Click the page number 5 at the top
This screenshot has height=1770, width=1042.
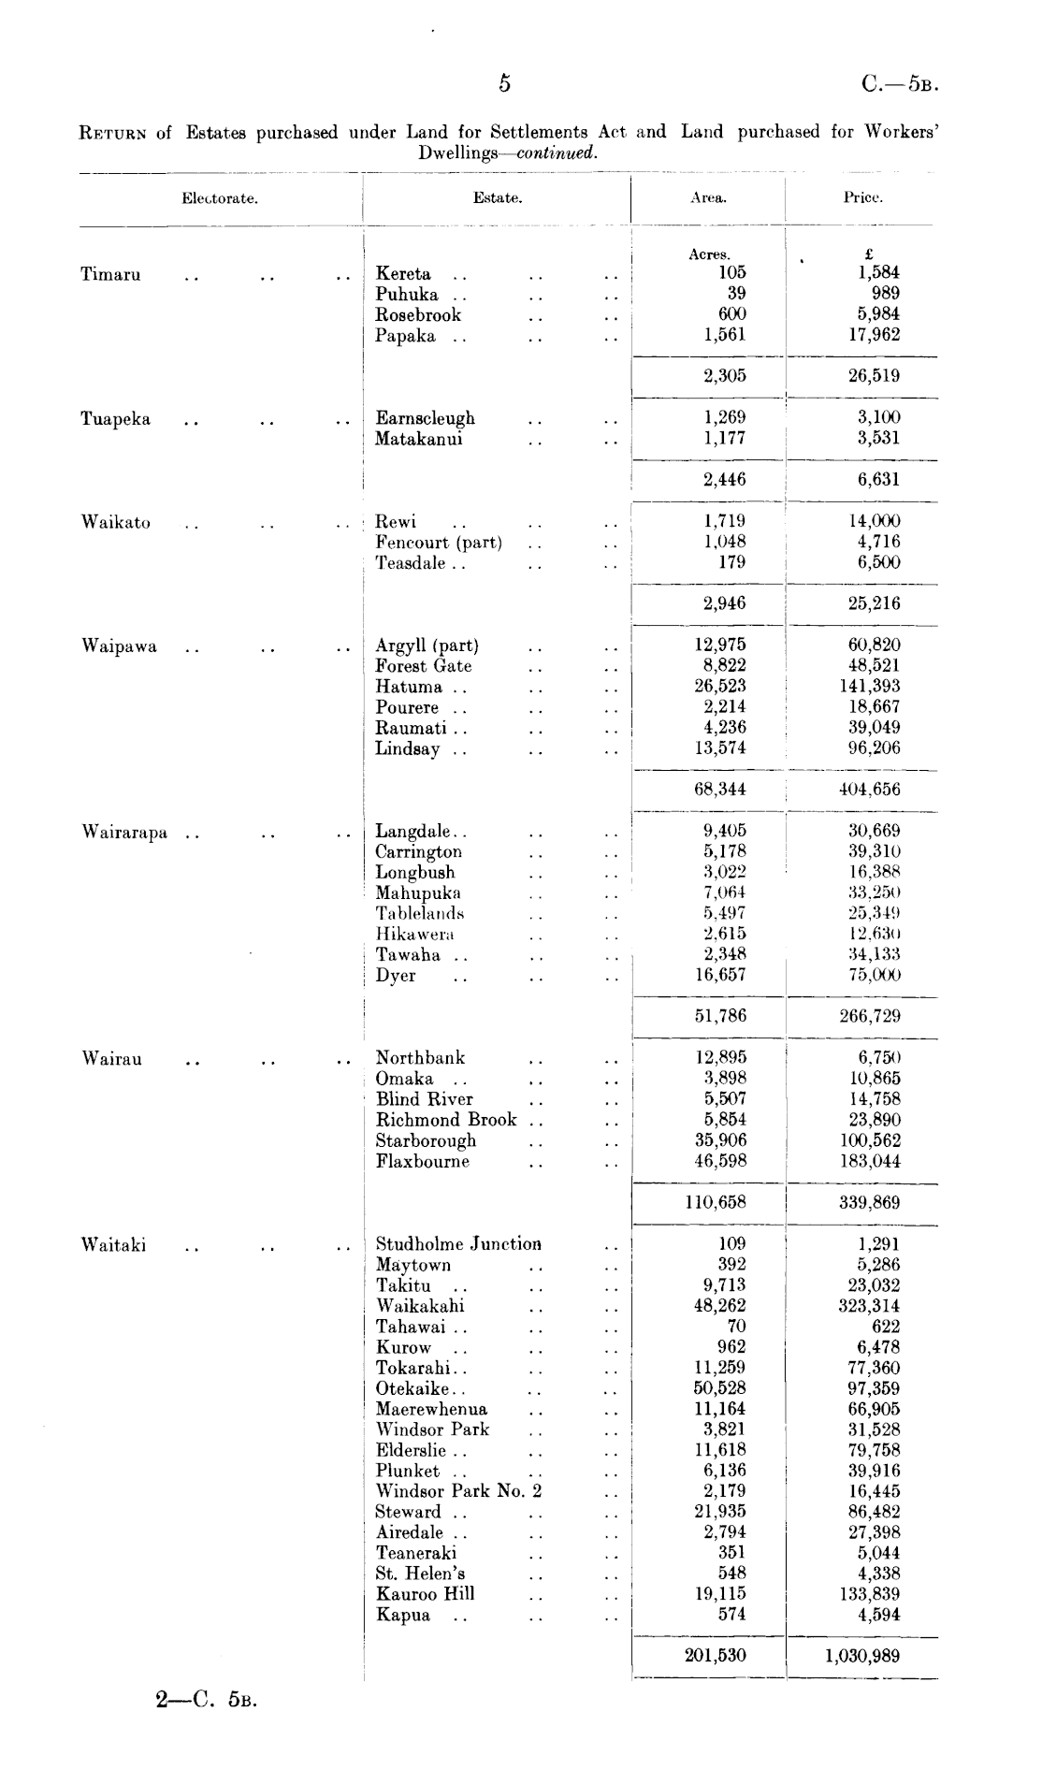504,84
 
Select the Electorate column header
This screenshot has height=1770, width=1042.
220,198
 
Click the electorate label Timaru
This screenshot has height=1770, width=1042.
110,274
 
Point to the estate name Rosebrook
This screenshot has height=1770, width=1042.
418,315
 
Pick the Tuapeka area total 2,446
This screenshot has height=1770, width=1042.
724,480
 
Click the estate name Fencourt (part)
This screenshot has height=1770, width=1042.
439,543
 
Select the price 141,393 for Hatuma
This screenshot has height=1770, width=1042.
869,687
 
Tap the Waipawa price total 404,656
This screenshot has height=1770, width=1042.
869,790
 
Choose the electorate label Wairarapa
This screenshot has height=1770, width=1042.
124,832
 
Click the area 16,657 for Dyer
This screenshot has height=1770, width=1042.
724,975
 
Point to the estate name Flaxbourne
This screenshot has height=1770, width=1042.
423,1161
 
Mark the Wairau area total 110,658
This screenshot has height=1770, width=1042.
716,1202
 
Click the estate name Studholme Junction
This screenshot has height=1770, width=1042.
458,1244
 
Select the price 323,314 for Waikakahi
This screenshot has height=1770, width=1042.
869,1306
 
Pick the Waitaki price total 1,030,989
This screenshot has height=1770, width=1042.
862,1656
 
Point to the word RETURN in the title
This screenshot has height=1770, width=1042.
111,133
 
